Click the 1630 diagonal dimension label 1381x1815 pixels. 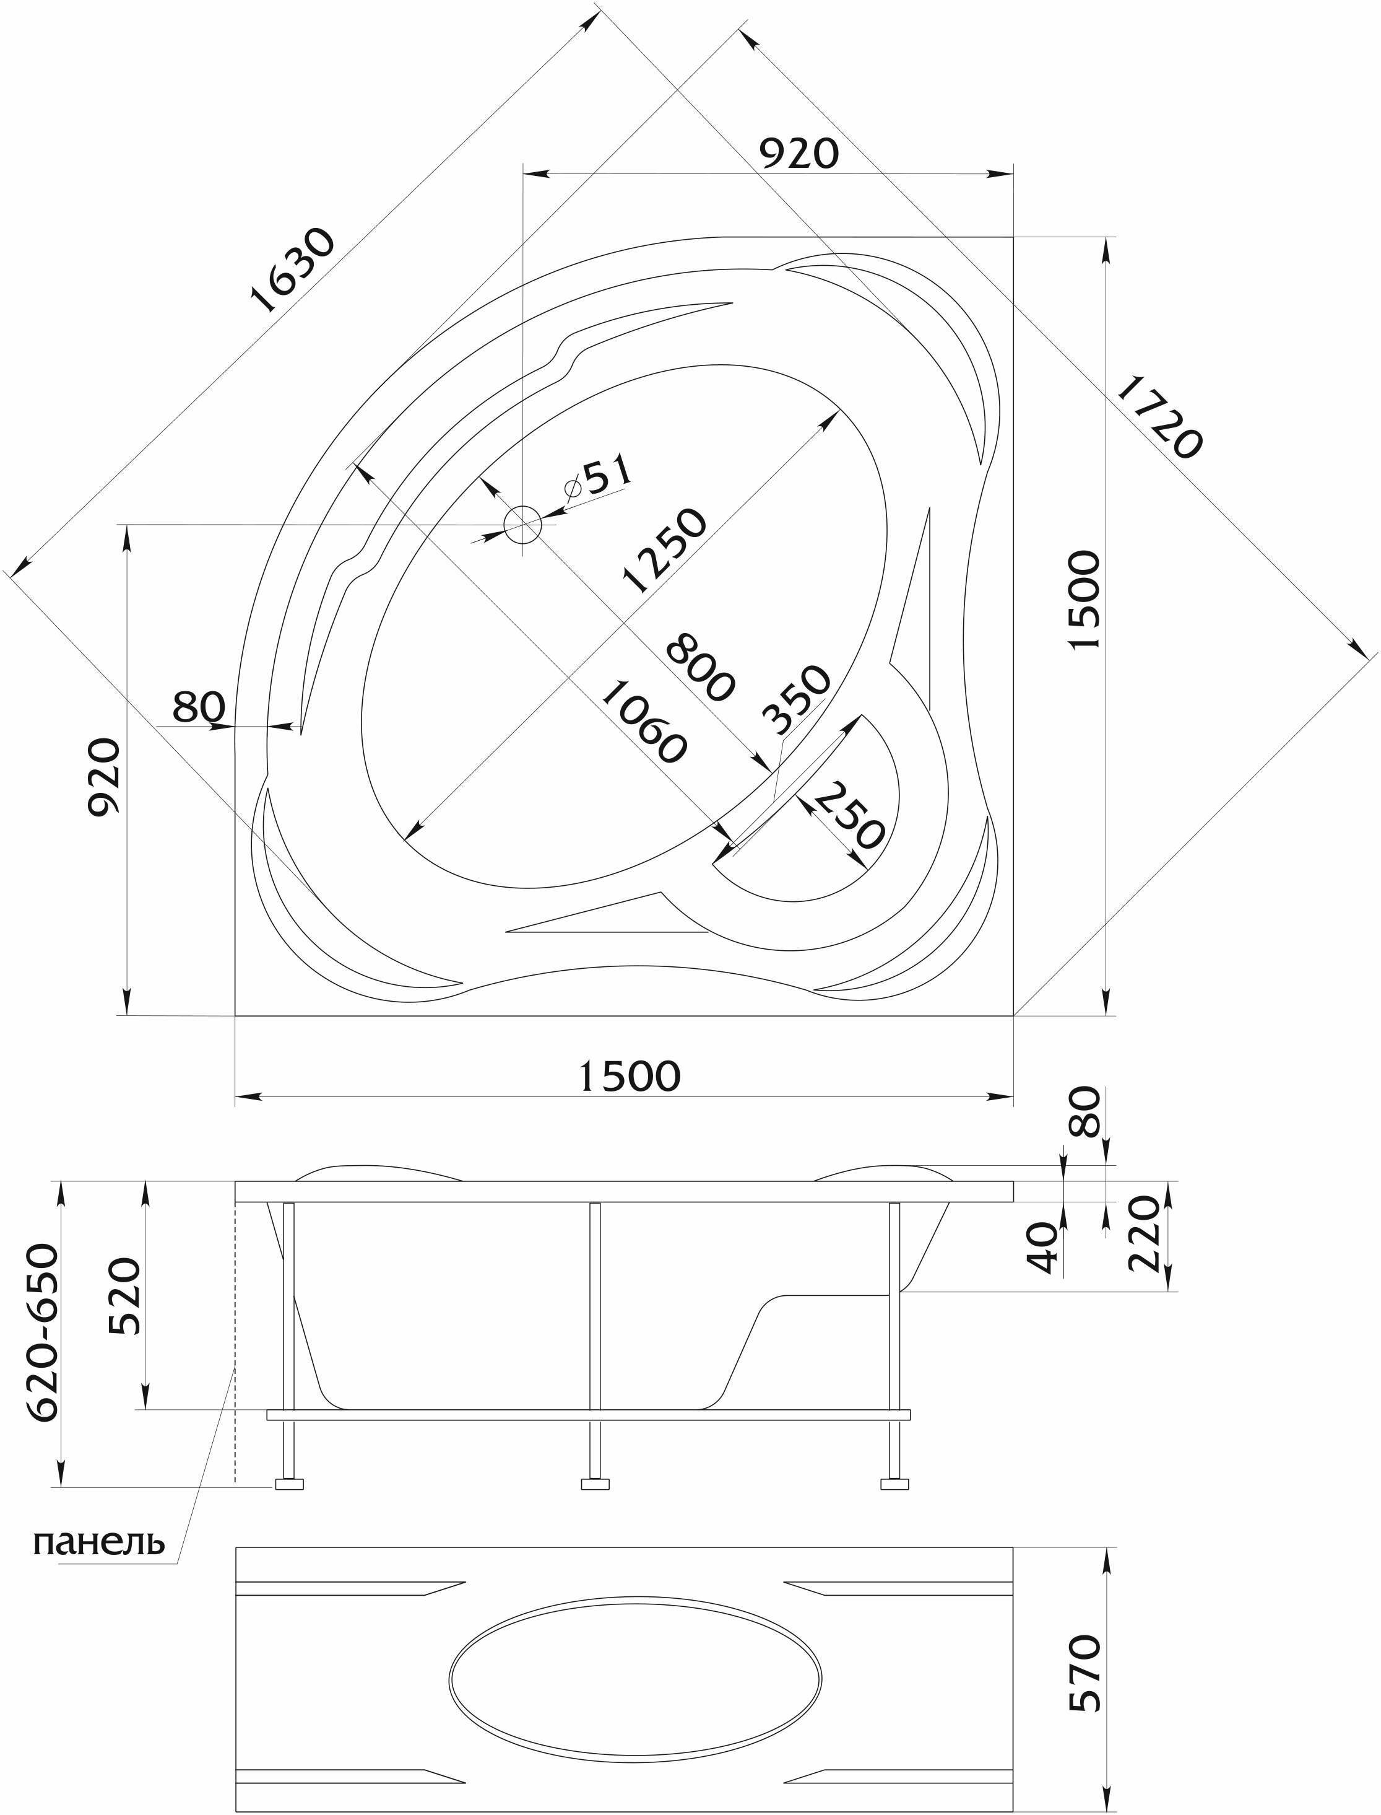click(x=293, y=271)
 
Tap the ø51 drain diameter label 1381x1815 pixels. click(x=599, y=479)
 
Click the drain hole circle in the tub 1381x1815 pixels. click(x=523, y=525)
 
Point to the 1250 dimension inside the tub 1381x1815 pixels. click(x=664, y=551)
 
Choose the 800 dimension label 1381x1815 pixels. click(x=699, y=668)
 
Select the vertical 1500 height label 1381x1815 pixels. click(x=1085, y=600)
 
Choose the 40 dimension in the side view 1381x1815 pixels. click(x=1042, y=1248)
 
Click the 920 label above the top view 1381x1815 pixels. click(x=797, y=153)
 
